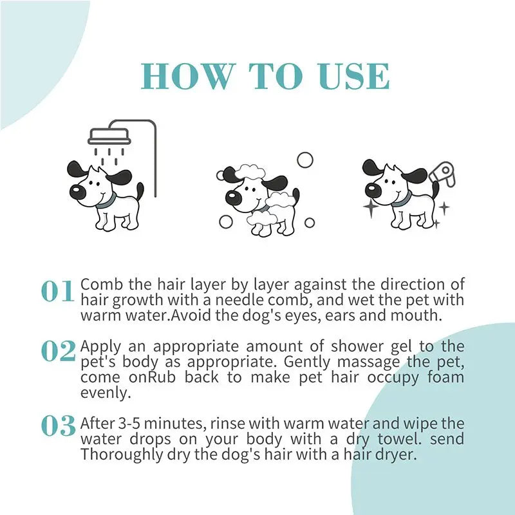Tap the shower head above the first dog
coord(109,136)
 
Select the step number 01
coord(58,292)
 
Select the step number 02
coord(58,351)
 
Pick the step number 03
coord(58,426)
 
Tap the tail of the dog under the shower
coord(140,191)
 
